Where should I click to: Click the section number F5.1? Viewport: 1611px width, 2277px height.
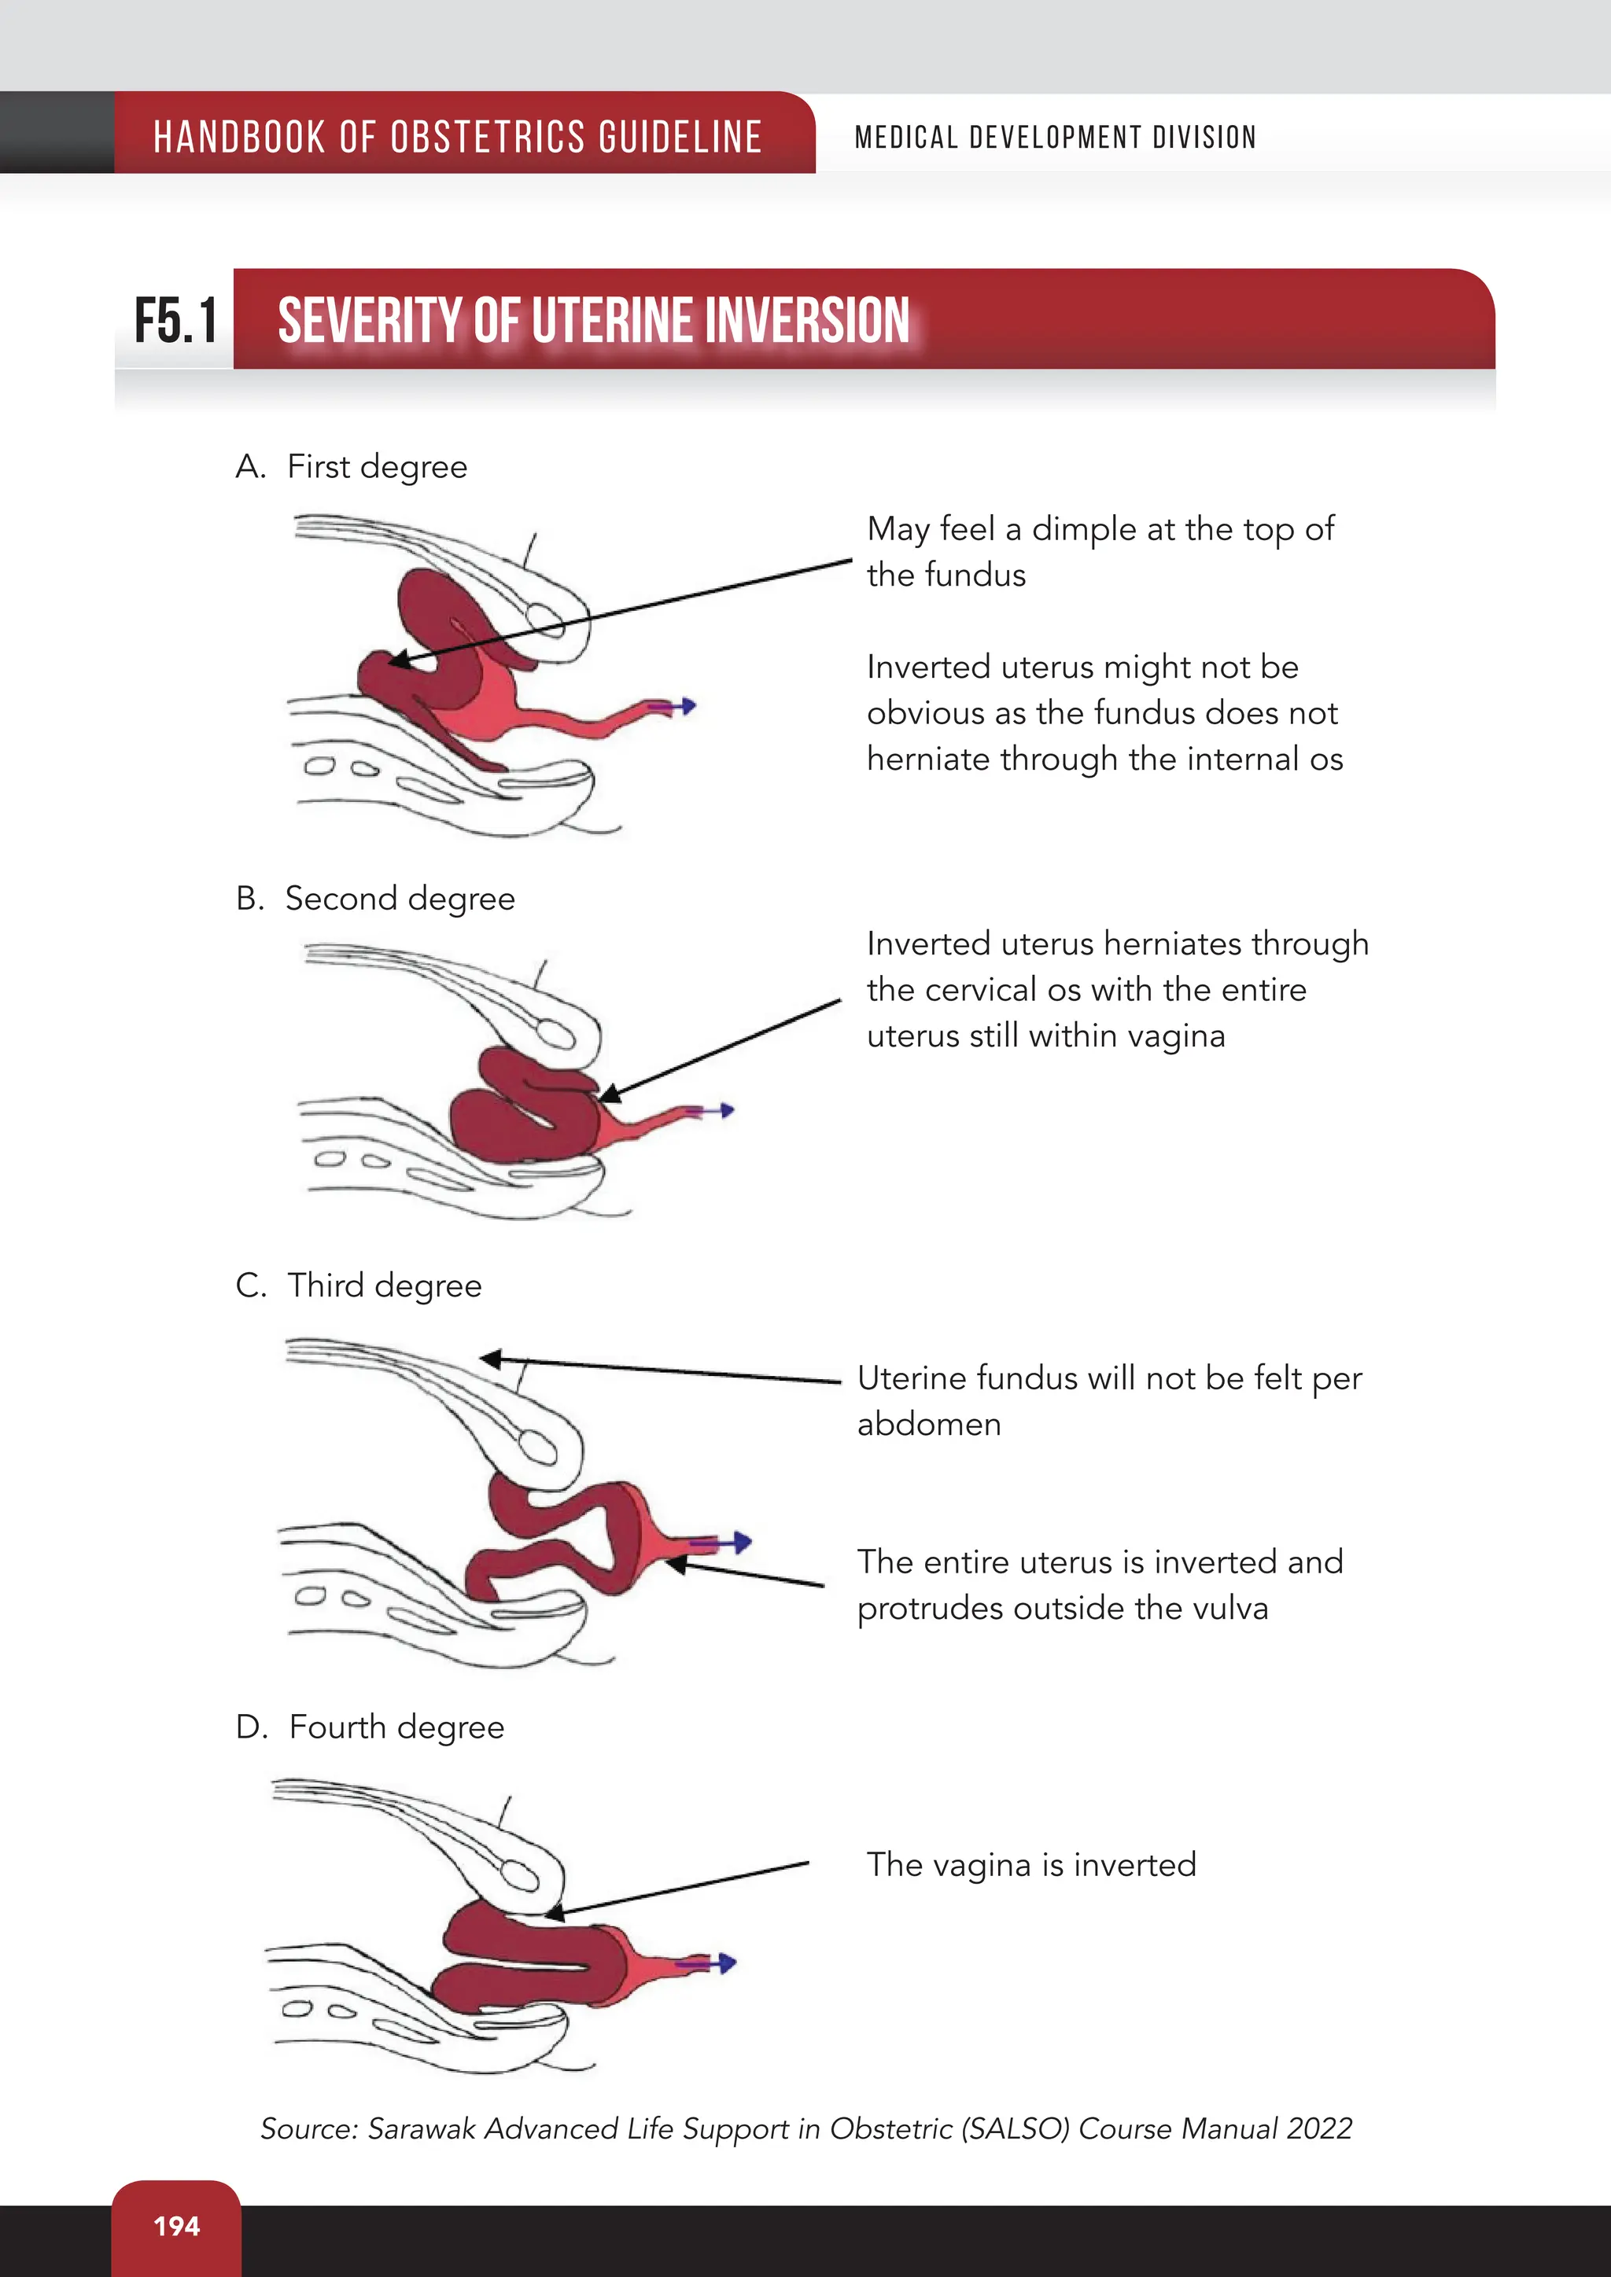[175, 322]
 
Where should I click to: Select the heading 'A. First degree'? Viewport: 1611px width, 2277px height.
[351, 466]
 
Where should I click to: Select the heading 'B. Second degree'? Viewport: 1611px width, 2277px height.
[375, 899]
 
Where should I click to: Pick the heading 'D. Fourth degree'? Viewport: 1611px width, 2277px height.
[370, 1727]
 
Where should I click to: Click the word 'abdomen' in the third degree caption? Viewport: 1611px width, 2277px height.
[928, 1424]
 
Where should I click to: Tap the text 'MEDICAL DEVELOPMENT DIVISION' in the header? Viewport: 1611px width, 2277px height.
[1055, 137]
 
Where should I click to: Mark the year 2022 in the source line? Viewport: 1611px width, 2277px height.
[1318, 2128]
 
